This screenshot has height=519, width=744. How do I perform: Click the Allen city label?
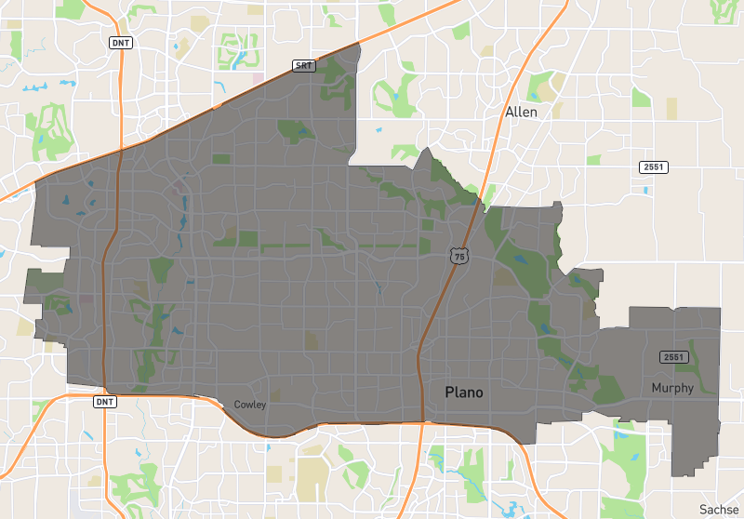pos(521,112)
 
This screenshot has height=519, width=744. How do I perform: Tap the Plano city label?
pos(463,393)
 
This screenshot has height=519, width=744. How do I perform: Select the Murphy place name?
pos(672,388)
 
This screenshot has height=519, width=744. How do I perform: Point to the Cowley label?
pos(250,405)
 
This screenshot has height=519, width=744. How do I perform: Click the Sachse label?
pos(719,509)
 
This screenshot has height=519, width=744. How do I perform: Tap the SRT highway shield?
pos(303,65)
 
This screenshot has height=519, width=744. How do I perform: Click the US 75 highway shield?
pos(458,255)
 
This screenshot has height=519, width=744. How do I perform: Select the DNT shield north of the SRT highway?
pos(120,43)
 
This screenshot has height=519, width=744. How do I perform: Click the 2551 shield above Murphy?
pos(672,357)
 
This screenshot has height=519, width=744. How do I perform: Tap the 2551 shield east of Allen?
pos(653,166)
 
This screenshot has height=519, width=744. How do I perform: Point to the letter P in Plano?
pos(449,393)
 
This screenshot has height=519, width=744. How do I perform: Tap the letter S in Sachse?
pos(703,509)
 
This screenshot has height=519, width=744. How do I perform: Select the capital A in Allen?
pos(509,112)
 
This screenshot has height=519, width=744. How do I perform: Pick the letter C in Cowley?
pos(237,405)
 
